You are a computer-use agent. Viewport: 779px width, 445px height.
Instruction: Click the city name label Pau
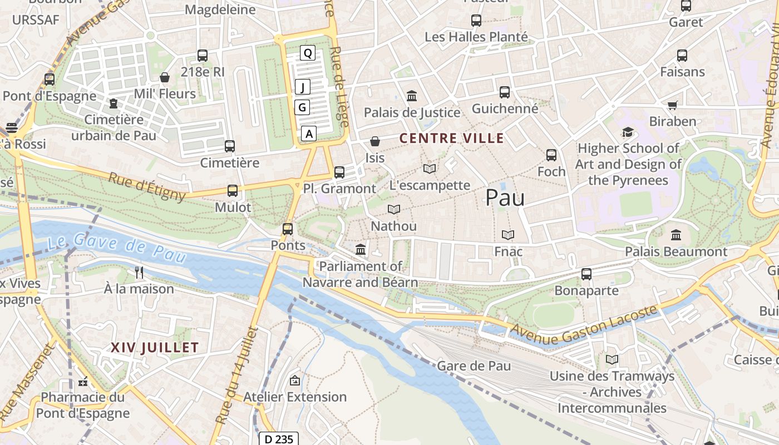505,197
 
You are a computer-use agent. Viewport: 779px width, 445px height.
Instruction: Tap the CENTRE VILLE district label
452,139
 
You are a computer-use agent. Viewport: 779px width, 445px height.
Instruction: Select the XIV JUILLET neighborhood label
155,348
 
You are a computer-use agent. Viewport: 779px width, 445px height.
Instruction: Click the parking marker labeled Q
308,53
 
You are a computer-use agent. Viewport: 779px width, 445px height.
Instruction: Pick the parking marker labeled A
309,133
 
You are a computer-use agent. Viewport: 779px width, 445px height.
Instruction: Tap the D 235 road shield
279,439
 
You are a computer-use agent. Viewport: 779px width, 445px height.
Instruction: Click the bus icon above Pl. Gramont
339,172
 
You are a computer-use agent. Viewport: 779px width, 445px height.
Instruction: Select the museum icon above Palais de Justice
412,96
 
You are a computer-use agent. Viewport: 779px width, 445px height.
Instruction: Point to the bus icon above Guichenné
505,92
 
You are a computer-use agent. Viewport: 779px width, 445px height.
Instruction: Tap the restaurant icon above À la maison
139,273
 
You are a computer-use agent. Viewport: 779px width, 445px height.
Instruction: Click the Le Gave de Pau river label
116,248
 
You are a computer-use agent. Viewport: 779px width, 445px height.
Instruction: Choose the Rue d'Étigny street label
147,186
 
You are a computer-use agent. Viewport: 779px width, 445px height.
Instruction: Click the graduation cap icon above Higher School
628,132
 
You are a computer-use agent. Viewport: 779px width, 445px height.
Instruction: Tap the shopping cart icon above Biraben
673,105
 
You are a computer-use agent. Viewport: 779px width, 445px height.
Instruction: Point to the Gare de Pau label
474,366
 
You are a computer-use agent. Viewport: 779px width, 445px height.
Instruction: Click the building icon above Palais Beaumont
676,235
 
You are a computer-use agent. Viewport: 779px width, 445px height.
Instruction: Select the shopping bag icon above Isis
375,142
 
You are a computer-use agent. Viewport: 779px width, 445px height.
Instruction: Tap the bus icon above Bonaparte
586,274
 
